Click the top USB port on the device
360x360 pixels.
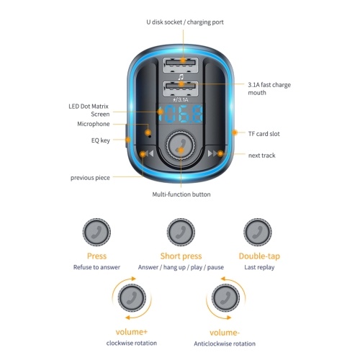pyautogui.click(x=181, y=65)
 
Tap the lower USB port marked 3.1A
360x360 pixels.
pyautogui.click(x=181, y=89)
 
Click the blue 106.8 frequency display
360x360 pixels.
pyautogui.click(x=181, y=114)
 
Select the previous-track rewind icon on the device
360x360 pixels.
pyautogui.click(x=148, y=153)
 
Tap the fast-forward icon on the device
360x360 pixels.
pyautogui.click(x=214, y=153)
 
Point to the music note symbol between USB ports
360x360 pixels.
pyautogui.click(x=181, y=77)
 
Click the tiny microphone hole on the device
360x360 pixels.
pyautogui.click(x=150, y=136)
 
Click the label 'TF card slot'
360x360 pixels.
pyautogui.click(x=264, y=134)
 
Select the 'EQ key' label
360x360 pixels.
pyautogui.click(x=101, y=140)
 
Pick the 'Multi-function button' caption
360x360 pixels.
pyautogui.click(x=181, y=194)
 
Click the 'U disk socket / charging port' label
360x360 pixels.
pyautogui.click(x=185, y=22)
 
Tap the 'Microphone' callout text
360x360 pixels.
pyautogui.click(x=94, y=124)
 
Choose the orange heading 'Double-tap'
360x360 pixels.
pyautogui.click(x=259, y=256)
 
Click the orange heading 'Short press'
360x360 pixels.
pyautogui.click(x=181, y=256)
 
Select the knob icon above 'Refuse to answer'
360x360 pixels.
pyautogui.click(x=96, y=232)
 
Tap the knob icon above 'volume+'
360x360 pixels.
pyautogui.click(x=132, y=298)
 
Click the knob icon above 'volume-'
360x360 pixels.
pyautogui.click(x=225, y=298)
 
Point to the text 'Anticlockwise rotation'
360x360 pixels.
pyautogui.click(x=225, y=343)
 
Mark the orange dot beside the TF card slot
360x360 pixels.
pyautogui.click(x=235, y=132)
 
